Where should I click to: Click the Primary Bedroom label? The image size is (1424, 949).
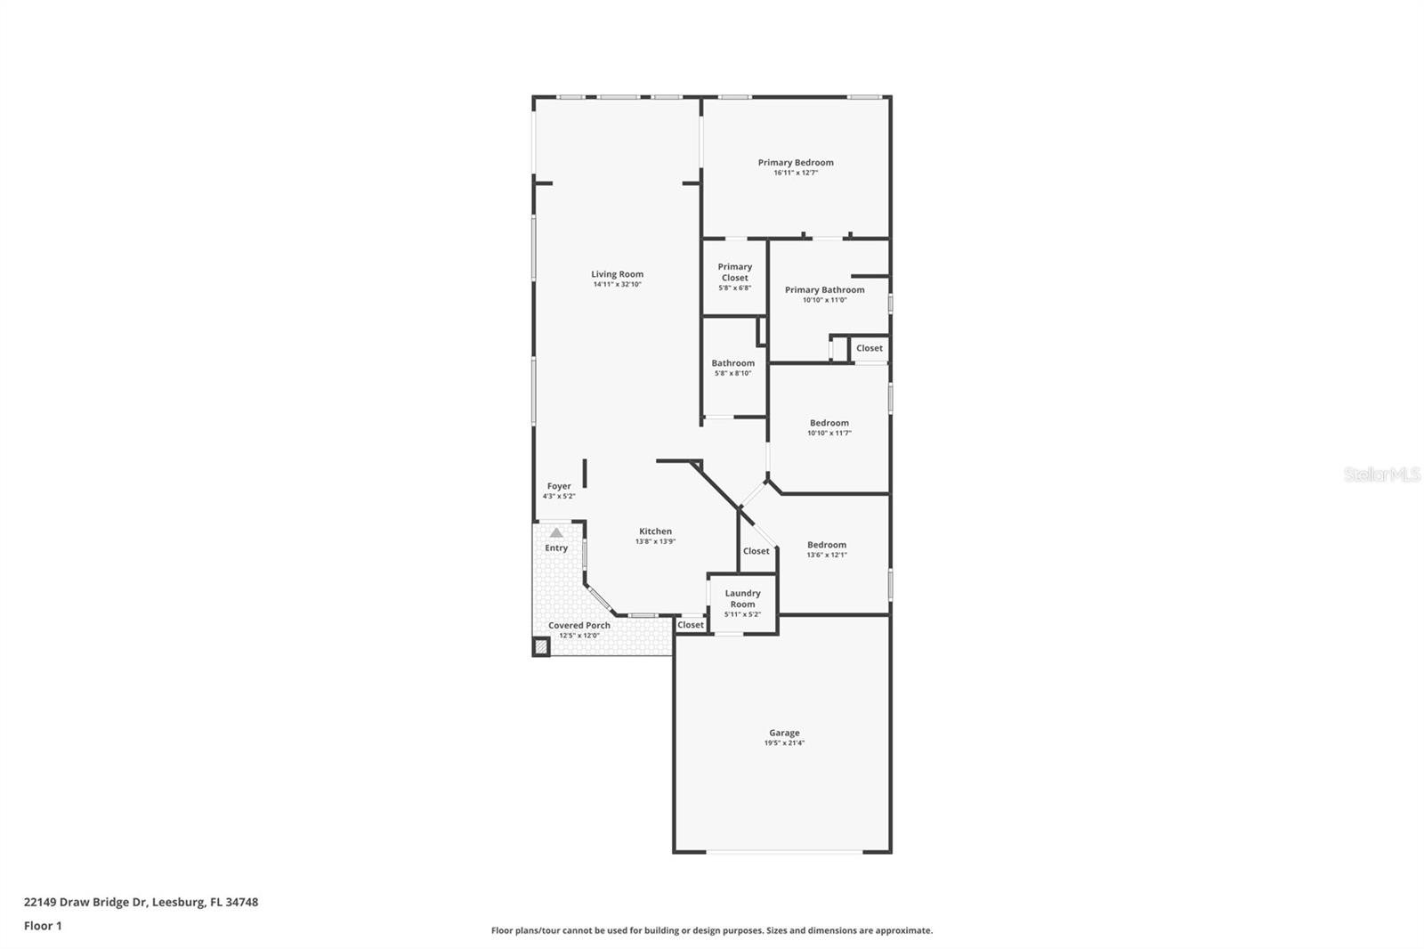796,163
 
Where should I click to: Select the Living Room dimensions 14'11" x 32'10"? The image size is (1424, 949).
617,285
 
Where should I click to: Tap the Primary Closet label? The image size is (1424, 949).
735,272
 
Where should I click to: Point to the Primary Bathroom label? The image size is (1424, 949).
824,290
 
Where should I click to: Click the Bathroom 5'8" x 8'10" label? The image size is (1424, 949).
732,363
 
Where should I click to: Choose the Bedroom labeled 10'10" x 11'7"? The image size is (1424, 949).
829,424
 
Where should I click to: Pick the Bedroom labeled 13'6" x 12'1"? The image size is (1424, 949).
827,545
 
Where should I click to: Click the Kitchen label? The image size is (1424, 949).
655,531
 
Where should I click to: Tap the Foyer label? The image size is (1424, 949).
559,487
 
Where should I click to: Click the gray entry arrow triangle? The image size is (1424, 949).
556,532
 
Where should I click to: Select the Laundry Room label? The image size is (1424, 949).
742,598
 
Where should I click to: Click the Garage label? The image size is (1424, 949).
784,734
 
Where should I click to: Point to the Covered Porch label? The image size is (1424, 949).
579,626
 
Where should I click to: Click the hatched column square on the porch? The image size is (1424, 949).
541,648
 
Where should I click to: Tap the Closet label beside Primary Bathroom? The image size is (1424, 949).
870,348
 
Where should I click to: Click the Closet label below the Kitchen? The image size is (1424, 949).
691,625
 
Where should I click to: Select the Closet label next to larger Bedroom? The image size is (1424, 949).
756,551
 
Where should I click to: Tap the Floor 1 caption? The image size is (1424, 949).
43,926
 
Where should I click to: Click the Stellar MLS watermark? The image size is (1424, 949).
1381,475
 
